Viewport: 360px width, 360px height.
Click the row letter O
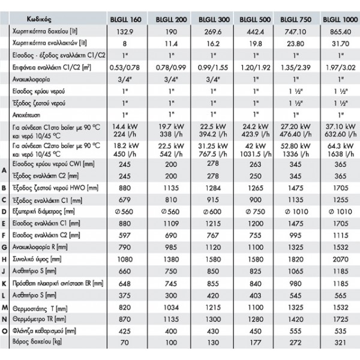(5, 331)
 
